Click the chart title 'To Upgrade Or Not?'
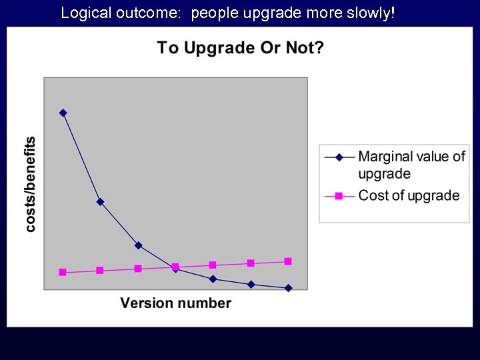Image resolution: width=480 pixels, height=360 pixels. tap(240, 48)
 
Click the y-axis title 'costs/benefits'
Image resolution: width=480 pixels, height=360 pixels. tap(31, 185)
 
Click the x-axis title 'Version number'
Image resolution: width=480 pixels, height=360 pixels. tap(175, 303)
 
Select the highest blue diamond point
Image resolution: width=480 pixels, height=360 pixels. tap(63, 113)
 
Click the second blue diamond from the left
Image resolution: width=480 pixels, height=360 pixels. tap(100, 201)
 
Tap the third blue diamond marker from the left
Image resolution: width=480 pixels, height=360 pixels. tap(138, 245)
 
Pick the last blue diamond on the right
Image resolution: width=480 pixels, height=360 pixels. tap(288, 288)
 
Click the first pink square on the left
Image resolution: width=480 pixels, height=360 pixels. tap(63, 272)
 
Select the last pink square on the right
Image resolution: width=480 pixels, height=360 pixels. tap(288, 261)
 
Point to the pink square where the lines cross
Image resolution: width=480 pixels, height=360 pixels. tap(175, 267)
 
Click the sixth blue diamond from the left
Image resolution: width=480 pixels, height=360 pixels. tap(251, 284)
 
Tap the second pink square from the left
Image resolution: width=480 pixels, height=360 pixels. tap(100, 270)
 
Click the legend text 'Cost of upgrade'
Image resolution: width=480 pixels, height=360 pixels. tap(409, 195)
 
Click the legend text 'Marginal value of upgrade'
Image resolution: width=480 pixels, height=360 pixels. tap(411, 165)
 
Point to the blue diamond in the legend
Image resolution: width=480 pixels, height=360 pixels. tap(339, 157)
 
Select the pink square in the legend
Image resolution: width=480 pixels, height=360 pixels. tap(339, 196)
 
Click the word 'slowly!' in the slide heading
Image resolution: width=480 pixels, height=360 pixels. tap(371, 13)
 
